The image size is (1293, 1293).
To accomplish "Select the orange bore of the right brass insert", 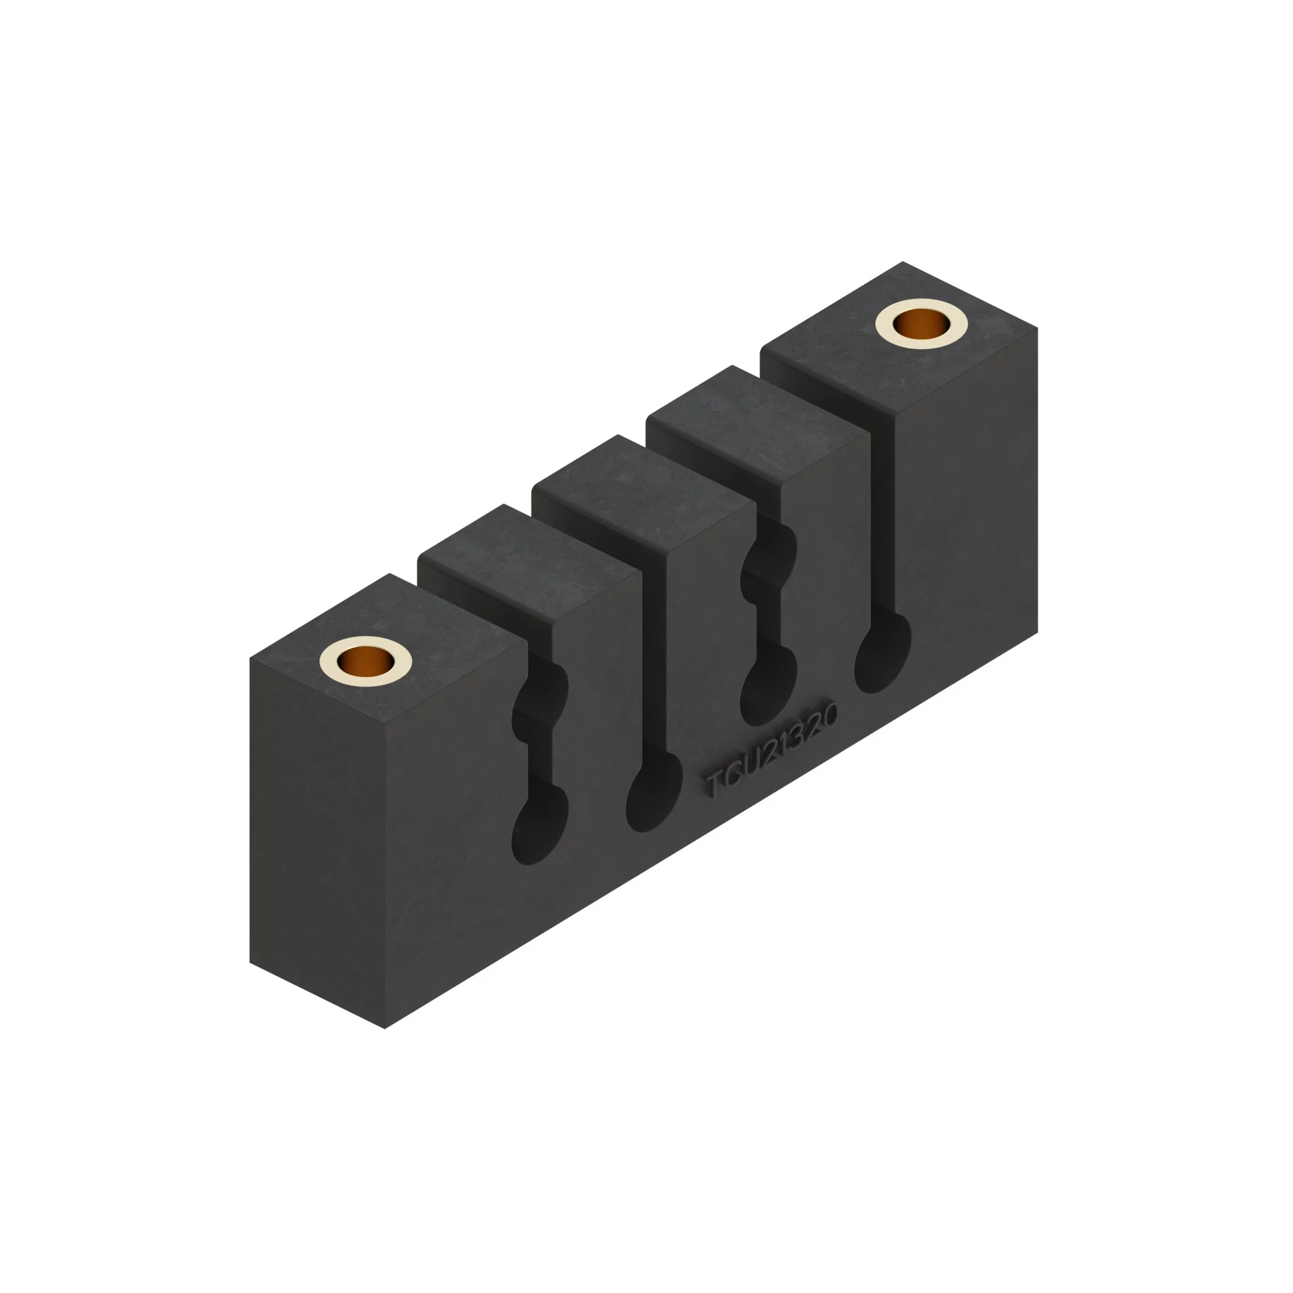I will click(x=921, y=325).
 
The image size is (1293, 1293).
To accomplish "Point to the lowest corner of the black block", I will click(x=385, y=1028).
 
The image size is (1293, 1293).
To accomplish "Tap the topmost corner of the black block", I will click(x=902, y=262).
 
